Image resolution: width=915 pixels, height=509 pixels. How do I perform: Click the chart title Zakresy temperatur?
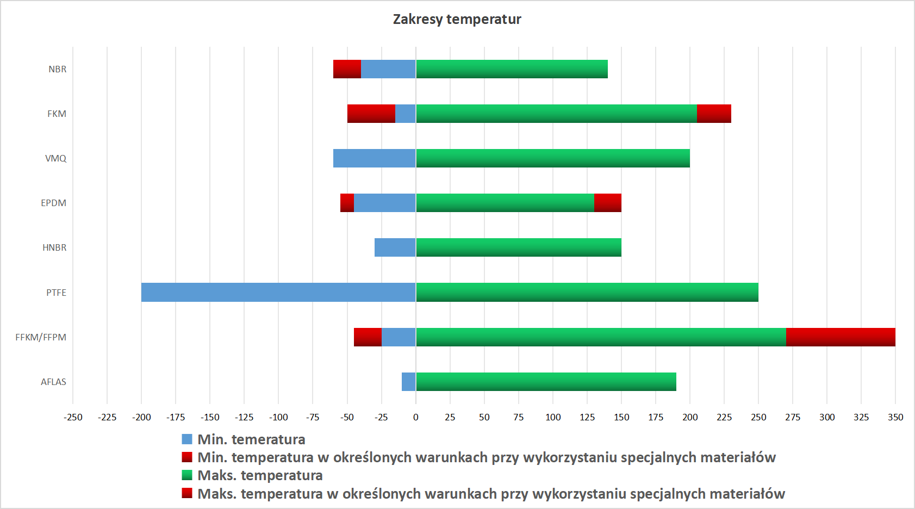click(x=457, y=20)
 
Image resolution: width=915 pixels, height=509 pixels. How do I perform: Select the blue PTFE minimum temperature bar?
click(x=278, y=293)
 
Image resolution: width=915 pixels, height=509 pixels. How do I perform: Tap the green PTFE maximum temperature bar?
click(x=587, y=293)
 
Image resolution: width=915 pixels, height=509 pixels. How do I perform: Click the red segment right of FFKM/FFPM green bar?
click(x=841, y=337)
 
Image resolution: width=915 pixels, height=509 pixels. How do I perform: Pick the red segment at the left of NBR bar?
click(x=347, y=69)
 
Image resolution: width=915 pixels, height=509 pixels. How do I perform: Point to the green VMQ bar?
click(x=553, y=158)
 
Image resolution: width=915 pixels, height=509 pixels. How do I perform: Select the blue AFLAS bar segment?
click(x=409, y=382)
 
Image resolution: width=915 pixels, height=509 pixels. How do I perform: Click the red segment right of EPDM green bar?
click(x=608, y=203)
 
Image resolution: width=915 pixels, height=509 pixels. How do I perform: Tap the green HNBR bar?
click(x=519, y=247)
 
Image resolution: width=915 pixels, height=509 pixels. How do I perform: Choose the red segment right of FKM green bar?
click(x=714, y=114)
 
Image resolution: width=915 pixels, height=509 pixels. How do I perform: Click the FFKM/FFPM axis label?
click(x=41, y=337)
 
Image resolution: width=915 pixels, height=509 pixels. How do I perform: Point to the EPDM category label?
click(x=53, y=203)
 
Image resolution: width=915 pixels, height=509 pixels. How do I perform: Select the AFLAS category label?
click(x=53, y=382)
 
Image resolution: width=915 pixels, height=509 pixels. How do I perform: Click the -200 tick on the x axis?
click(x=141, y=417)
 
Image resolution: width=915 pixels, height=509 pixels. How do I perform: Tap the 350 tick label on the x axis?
click(x=895, y=417)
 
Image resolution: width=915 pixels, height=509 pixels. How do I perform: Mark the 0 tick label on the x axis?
click(x=416, y=417)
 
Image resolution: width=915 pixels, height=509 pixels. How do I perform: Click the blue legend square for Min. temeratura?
click(x=187, y=439)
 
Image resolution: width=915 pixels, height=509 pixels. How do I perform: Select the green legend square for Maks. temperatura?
click(x=187, y=475)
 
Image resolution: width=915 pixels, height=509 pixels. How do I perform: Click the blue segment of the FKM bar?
click(x=406, y=114)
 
